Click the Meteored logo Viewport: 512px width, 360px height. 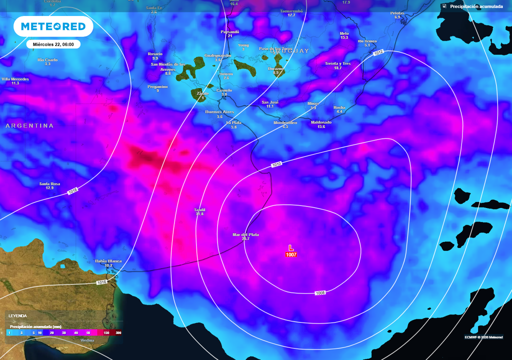53,26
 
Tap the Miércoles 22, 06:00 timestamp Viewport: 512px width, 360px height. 53,44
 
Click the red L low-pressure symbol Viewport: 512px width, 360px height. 291,247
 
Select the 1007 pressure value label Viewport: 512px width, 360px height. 291,254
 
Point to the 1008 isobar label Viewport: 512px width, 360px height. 320,292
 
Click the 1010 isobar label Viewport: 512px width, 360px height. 276,164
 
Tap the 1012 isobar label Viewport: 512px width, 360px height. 378,52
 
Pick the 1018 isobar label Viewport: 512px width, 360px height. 73,191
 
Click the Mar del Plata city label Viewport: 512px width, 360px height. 245,234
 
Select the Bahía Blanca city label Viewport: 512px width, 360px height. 108,261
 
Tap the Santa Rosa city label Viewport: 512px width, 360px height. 49,184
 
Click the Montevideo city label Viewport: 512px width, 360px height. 285,122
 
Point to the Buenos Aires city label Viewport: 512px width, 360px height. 219,111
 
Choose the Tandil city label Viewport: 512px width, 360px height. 200,210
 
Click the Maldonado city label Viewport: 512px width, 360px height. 321,122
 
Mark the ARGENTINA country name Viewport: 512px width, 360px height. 29,126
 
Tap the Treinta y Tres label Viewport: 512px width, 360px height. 337,63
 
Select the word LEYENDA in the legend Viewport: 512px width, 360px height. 17,316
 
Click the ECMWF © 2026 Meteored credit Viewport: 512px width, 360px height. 483,336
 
